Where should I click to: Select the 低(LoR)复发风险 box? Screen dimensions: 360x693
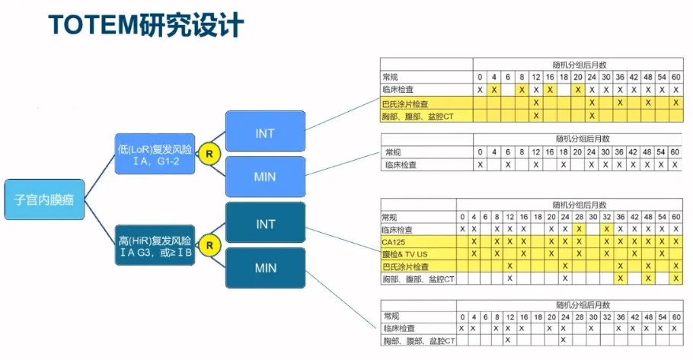point(155,153)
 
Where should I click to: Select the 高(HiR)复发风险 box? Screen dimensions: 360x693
point(155,246)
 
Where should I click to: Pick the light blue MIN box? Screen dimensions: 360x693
point(265,177)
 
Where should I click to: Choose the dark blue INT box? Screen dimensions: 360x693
point(265,224)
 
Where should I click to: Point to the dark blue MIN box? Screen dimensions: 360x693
point(265,268)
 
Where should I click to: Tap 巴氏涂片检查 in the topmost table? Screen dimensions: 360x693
point(406,103)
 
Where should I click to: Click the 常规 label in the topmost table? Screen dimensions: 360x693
point(391,77)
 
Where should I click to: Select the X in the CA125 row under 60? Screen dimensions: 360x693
point(675,241)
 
